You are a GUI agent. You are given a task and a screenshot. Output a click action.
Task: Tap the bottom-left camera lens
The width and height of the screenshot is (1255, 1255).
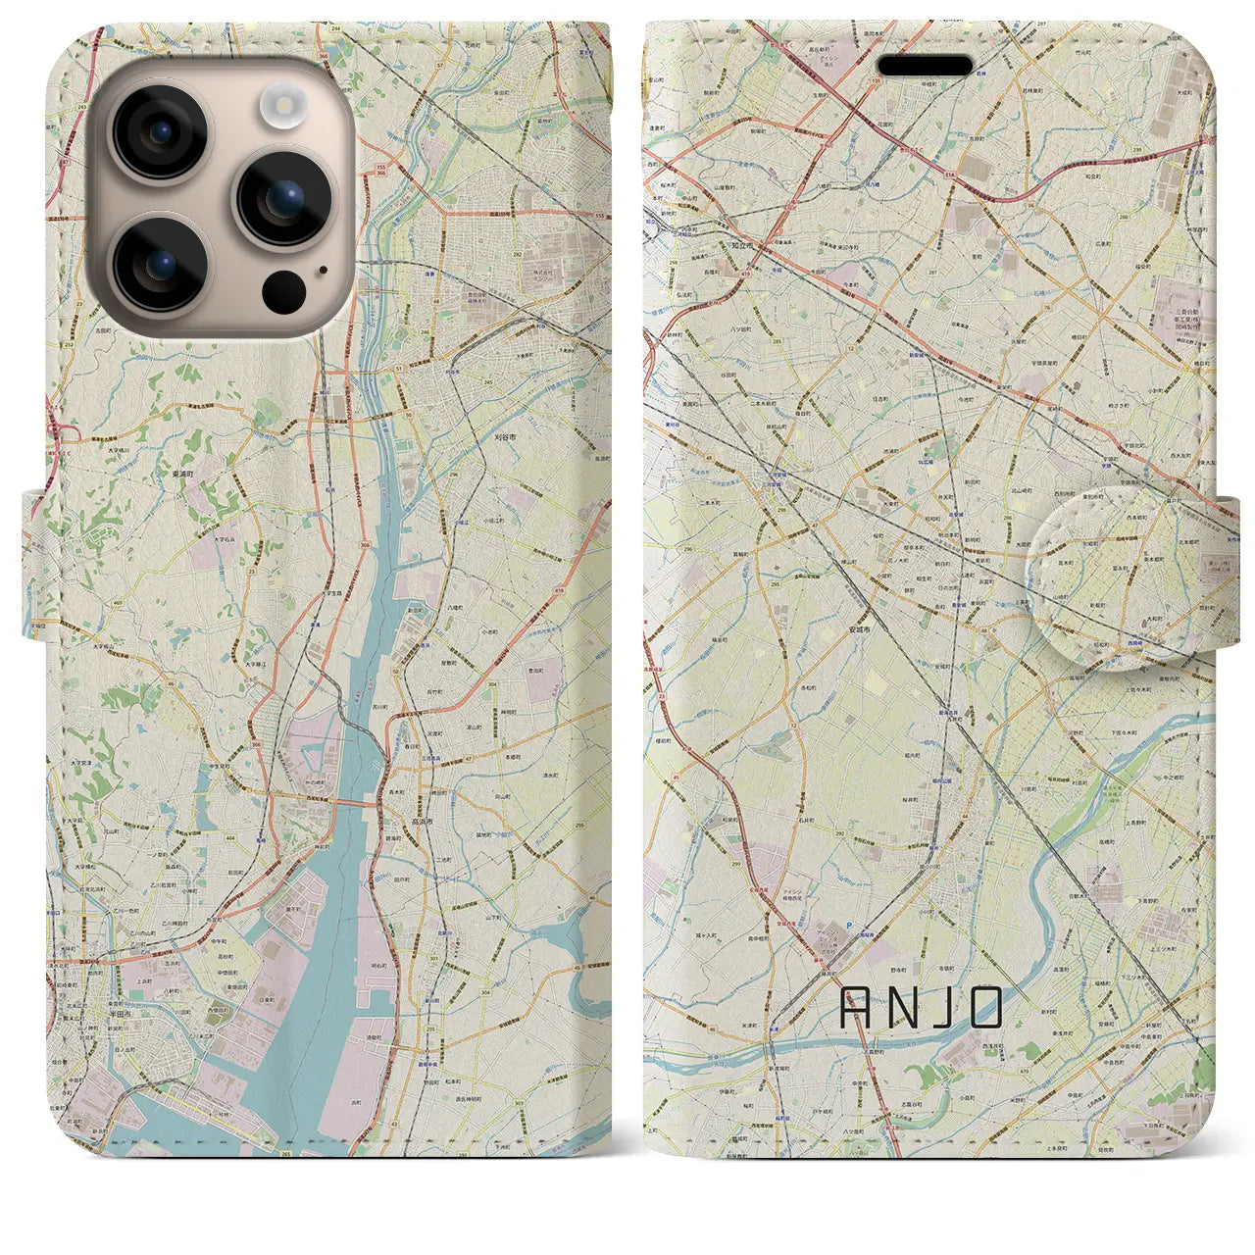(159, 264)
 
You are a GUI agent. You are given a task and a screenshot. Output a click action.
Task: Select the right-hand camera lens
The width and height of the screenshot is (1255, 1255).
(283, 198)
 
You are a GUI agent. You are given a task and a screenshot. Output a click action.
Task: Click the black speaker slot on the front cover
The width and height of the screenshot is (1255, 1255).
(924, 66)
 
